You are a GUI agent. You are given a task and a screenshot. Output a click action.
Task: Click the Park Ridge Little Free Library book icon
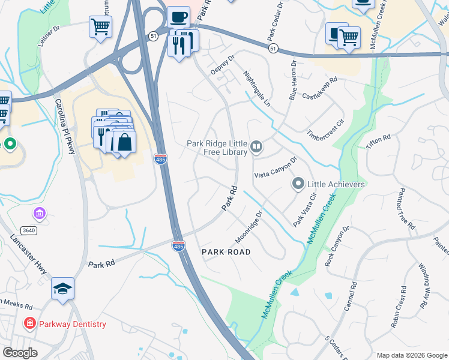pyautogui.click(x=256, y=146)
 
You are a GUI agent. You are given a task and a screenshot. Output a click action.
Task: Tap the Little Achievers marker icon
pyautogui.click(x=298, y=184)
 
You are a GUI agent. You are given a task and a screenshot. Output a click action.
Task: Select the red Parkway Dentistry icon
pyautogui.click(x=29, y=324)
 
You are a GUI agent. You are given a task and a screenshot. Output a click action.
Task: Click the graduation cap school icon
pyautogui.click(x=62, y=289)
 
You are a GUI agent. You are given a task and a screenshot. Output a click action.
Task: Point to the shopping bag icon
pyautogui.click(x=124, y=142)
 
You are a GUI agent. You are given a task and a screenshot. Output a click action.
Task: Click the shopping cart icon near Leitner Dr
pyautogui.click(x=100, y=26)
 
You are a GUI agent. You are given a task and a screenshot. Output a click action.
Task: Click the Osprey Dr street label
pyautogui.click(x=221, y=62)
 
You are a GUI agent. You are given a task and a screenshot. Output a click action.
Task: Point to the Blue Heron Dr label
pyautogui.click(x=292, y=78)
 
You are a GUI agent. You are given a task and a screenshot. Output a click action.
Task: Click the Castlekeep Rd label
pyautogui.click(x=321, y=88)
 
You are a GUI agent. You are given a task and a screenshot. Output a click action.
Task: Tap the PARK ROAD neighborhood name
pyautogui.click(x=225, y=251)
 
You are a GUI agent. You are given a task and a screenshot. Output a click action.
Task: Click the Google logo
pyautogui.click(x=20, y=353)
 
